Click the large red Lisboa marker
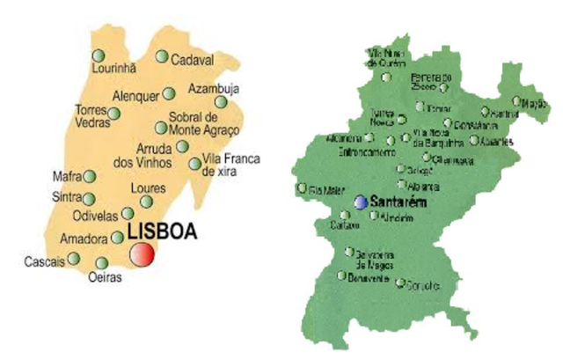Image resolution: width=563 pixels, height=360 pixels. click(142, 253)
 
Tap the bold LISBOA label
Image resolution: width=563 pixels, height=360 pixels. click(163, 233)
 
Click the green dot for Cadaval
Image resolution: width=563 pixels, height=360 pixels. click(162, 56)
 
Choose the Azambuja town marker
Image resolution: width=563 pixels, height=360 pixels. click(221, 102)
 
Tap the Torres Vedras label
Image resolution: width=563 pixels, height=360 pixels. click(91, 116)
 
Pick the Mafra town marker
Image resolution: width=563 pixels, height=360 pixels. click(89, 176)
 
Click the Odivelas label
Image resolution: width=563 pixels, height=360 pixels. click(96, 215)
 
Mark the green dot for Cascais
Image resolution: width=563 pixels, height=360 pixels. click(75, 258)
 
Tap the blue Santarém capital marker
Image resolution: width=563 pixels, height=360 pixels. click(361, 202)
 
